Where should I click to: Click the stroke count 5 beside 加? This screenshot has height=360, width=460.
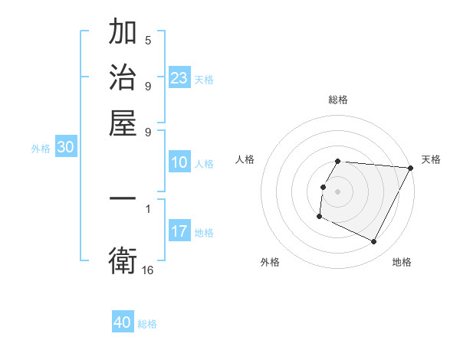[x=148, y=40]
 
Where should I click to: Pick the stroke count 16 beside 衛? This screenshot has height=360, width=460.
[x=148, y=270]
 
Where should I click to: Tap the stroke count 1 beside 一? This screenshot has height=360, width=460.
[x=148, y=208]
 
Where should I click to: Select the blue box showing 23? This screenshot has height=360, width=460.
[x=179, y=78]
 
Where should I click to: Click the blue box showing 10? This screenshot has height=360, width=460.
[x=179, y=162]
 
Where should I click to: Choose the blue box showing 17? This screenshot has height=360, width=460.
[x=179, y=231]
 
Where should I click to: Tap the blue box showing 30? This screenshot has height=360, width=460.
[x=65, y=149]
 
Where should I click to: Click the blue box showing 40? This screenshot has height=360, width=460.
[x=123, y=322]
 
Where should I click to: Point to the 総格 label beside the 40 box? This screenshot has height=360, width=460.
[x=147, y=324]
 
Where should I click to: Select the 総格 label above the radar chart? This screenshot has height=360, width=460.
[x=338, y=100]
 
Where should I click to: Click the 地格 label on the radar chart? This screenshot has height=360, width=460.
[x=402, y=263]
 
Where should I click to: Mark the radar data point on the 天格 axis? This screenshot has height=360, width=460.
[x=410, y=169]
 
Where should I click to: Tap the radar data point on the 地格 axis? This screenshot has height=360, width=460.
[x=374, y=242]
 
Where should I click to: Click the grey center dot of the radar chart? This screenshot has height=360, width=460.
[x=338, y=191]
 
